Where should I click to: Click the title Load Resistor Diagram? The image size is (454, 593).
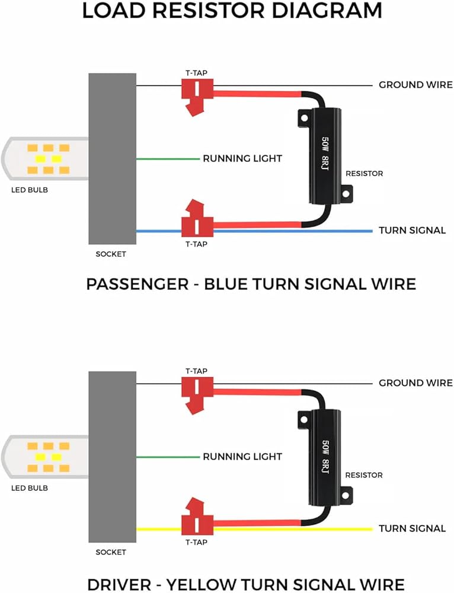232,11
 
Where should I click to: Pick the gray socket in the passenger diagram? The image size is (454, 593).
112,158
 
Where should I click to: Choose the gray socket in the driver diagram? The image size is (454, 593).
112,457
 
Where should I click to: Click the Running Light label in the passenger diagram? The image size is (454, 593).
242,158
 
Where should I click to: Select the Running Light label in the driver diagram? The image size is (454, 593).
242,457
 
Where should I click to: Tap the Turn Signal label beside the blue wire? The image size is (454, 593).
412,230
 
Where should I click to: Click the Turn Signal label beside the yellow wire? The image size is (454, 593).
412,528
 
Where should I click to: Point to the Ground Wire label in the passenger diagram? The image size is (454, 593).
415,85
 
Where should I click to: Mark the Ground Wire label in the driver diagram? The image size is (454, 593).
415,383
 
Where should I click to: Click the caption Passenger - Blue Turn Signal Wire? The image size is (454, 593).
251,283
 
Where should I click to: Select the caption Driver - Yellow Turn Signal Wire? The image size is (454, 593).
245,584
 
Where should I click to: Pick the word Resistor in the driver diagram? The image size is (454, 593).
364,475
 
